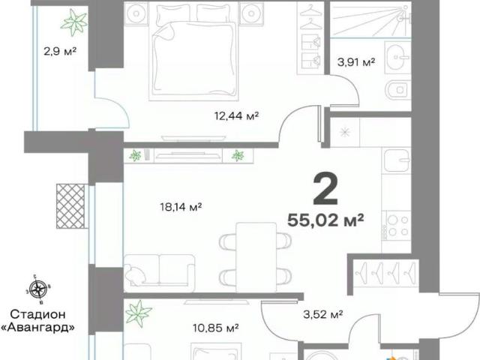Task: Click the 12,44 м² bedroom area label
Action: [x=237, y=116]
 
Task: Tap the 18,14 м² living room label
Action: [x=181, y=207]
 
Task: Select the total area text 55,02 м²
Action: [x=325, y=220]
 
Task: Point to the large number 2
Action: [x=325, y=189]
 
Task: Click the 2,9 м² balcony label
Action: [x=60, y=51]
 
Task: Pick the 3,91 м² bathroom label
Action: [x=356, y=62]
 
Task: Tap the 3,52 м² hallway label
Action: [x=323, y=314]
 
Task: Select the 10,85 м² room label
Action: [x=216, y=328]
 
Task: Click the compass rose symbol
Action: [x=38, y=288]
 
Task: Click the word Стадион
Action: [x=38, y=314]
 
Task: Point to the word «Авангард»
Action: [x=38, y=328]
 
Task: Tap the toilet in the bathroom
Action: [x=397, y=90]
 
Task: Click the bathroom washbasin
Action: [x=397, y=57]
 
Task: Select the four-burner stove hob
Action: [x=398, y=225]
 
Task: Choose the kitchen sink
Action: [x=397, y=160]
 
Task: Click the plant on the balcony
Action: [x=74, y=22]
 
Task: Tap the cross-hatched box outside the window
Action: [x=70, y=206]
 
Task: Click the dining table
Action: [x=256, y=257]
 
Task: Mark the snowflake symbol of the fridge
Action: [x=345, y=132]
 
